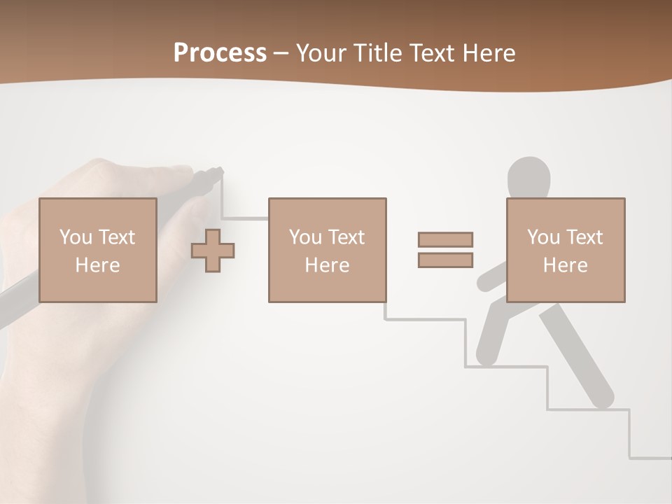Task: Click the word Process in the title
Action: tap(220, 53)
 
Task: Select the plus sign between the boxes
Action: tap(213, 251)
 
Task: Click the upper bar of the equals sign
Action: tap(445, 239)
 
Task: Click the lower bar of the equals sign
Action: tap(445, 260)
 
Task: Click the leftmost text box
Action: tap(97, 250)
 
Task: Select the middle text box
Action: tap(327, 250)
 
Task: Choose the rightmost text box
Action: tap(565, 250)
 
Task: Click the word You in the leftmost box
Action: tap(76, 237)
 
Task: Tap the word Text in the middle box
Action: tap(346, 237)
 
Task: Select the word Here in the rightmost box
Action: tap(565, 265)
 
